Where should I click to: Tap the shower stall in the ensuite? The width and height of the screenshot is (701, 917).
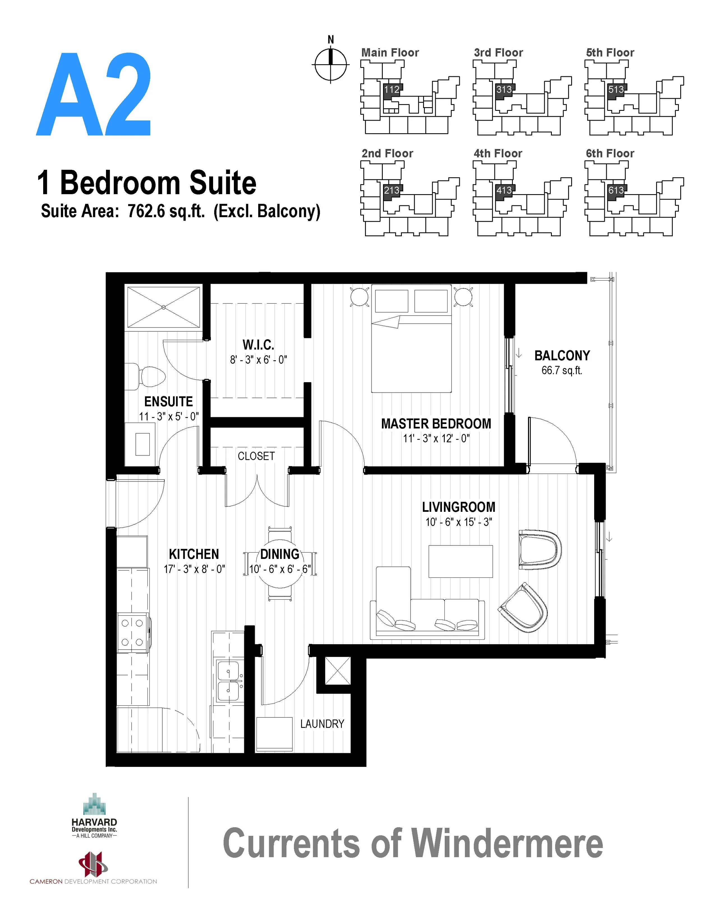click(x=163, y=307)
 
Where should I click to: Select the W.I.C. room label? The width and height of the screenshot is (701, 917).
click(x=258, y=345)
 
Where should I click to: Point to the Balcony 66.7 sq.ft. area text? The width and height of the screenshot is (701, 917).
click(x=562, y=370)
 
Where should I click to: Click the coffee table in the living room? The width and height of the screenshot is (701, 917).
click(x=461, y=561)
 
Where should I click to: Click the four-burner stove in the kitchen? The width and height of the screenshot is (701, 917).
click(x=133, y=632)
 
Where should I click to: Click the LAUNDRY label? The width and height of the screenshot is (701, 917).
click(x=322, y=724)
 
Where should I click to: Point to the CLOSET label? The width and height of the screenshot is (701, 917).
click(x=256, y=456)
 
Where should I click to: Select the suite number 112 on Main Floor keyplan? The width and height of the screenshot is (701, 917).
click(x=391, y=89)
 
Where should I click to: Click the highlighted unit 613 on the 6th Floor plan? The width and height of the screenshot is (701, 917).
click(x=615, y=191)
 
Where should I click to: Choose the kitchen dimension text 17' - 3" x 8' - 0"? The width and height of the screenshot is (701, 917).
click(x=194, y=569)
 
